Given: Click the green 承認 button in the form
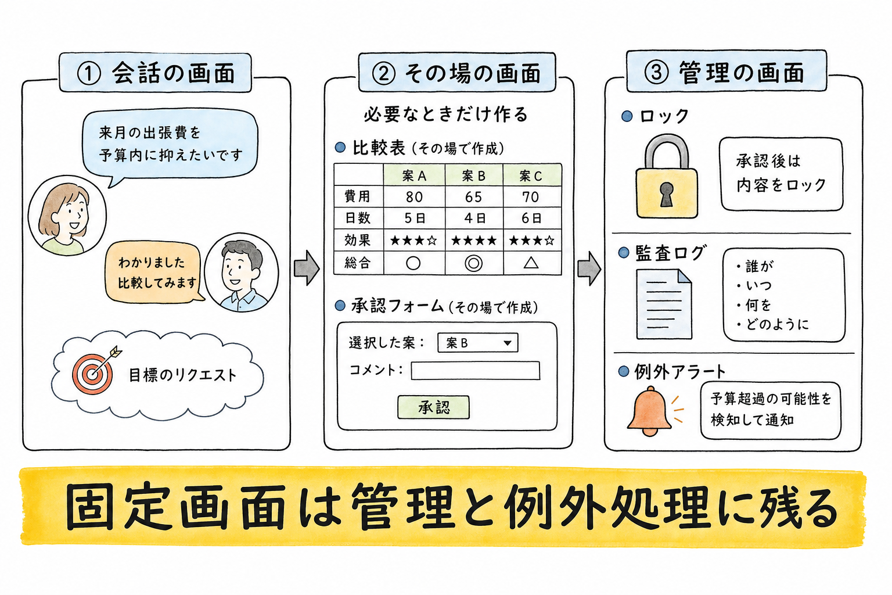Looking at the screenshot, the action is coord(433,407).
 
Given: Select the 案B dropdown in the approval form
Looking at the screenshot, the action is coord(477,343).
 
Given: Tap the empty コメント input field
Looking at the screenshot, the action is coord(476,371).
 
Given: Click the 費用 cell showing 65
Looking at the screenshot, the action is coord(474,196).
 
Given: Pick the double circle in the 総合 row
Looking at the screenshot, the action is coord(473,263).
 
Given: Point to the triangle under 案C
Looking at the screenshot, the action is coord(531,263).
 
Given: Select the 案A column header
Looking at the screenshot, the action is coord(414,175).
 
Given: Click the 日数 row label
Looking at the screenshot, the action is coord(358,218).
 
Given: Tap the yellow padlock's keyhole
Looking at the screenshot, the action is coord(666,195).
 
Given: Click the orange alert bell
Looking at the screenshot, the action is coord(649,411).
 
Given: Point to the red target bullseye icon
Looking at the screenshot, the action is coord(92,374).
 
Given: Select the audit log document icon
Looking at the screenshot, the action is coord(664,304).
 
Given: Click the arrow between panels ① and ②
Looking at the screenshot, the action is coord(307,268).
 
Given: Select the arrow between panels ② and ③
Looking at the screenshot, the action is coord(589,268).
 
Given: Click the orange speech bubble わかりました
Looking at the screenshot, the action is coord(154,273).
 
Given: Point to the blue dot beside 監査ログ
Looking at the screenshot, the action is coord(624,253).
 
